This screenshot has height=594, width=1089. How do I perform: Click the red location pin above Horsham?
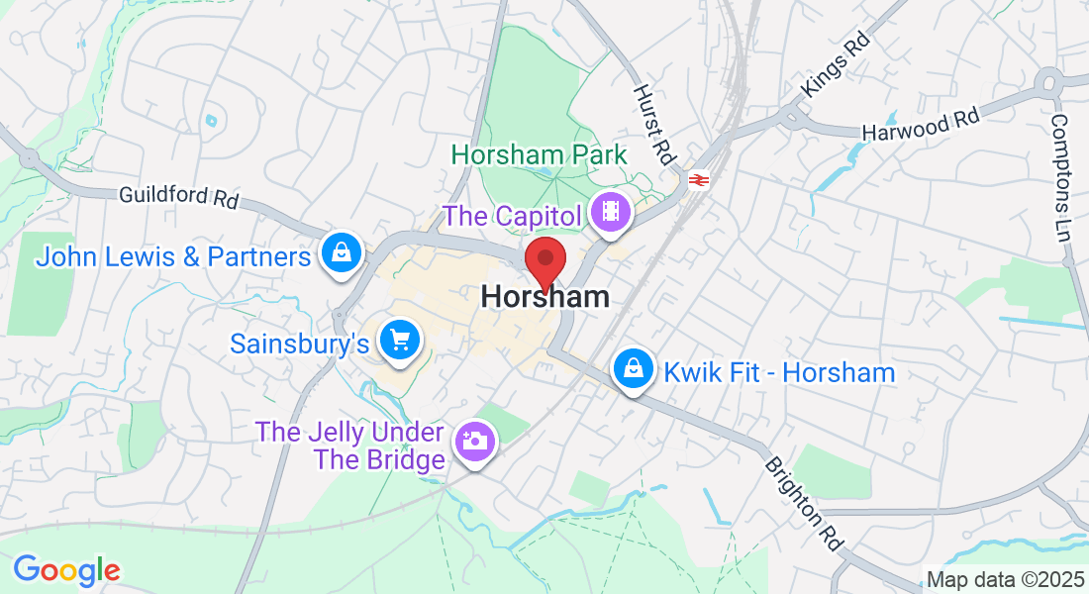point(544,260)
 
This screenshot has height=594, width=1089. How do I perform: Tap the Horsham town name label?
point(544,296)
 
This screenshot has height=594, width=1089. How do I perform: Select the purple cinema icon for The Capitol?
point(611,213)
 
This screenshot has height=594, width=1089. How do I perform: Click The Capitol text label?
point(513,215)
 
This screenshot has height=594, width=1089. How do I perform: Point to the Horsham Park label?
point(540,155)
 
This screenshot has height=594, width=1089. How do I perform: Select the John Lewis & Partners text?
point(174,257)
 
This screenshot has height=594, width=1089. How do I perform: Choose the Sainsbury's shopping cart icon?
point(400,342)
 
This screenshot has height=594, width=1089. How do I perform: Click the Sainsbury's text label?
point(300,344)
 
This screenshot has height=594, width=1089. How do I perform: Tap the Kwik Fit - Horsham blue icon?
point(632,370)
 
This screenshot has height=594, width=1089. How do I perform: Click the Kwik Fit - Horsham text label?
point(779,373)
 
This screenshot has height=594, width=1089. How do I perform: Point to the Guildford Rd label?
point(178,196)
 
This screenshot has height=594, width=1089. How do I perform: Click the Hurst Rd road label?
point(653,124)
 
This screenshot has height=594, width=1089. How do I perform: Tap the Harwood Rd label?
point(921,123)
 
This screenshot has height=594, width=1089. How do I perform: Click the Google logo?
point(66,570)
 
